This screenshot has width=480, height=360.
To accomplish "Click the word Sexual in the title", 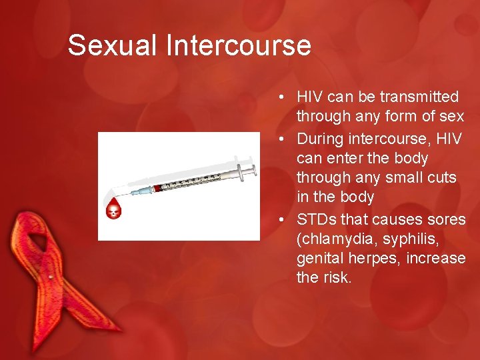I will click(x=112, y=45).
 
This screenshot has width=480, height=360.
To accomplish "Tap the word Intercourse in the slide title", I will click(x=238, y=45).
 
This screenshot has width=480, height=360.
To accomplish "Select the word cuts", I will click(x=442, y=178).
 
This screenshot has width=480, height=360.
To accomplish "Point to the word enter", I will click(x=345, y=159).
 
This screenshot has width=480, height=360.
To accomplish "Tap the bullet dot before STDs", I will click(x=283, y=219).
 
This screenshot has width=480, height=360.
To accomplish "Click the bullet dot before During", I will click(x=283, y=139).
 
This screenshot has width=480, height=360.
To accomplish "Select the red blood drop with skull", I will click(x=114, y=210).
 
